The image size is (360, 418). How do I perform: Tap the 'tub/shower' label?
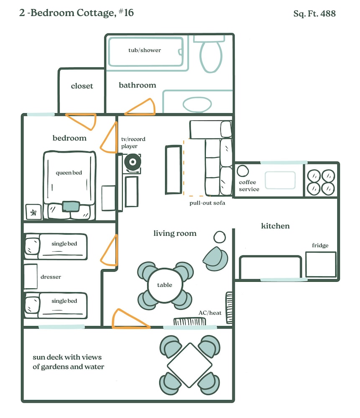[x=145, y=50]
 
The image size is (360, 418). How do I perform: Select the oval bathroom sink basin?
[x=197, y=104]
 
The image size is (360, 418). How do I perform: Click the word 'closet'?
[x=82, y=86]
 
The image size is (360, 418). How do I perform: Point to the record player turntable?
[x=133, y=162]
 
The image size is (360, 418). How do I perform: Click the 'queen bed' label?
[x=69, y=173]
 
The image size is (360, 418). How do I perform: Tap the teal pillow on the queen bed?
[x=71, y=206]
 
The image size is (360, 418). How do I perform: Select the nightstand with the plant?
[x=33, y=212]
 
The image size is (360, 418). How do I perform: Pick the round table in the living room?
[x=165, y=285]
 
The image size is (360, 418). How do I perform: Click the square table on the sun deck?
[x=189, y=365]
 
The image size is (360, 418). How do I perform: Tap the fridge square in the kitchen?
[x=321, y=265]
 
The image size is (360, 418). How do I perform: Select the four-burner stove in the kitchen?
[x=321, y=182]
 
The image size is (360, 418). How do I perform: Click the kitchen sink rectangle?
[x=280, y=180]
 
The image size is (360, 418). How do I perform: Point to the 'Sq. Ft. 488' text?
[x=314, y=13]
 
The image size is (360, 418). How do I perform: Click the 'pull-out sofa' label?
[x=207, y=203]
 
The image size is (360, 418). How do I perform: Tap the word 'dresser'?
[x=51, y=277]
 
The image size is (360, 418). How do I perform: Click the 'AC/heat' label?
[x=210, y=313]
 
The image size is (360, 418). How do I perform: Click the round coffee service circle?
[x=243, y=171]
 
